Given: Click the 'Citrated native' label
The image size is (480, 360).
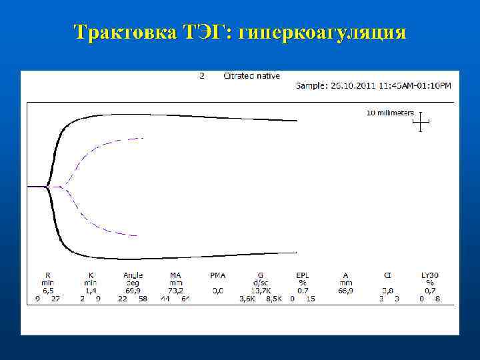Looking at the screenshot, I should [x=251, y=76].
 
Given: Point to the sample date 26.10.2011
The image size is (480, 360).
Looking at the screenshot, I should [x=353, y=85].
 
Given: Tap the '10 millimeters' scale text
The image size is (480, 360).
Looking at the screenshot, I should [x=390, y=113].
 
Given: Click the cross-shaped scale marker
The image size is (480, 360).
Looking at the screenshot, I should [x=421, y=121].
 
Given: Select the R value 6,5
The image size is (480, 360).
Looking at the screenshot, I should [x=47, y=291].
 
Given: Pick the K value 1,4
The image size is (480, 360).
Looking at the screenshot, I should [x=90, y=291].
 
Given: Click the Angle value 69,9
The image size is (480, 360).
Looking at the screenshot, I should [x=133, y=291].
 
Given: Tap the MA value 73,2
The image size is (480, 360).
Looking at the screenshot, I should [x=175, y=291].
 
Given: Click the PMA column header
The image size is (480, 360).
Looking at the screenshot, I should [x=218, y=275].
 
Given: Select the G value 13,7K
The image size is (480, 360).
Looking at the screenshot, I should [x=260, y=291].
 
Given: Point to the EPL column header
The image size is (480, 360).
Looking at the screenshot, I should [x=302, y=275].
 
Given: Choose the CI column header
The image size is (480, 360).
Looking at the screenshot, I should [x=387, y=275].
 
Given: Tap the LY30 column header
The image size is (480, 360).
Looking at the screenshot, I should [x=430, y=275].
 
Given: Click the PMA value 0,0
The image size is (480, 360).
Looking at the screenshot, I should [x=218, y=291].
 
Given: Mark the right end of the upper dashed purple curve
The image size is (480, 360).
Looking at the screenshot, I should [x=143, y=138].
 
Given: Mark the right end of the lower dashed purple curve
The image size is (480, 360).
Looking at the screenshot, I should [x=137, y=236].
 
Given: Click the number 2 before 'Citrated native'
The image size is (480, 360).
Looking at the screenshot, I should [x=202, y=76].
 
